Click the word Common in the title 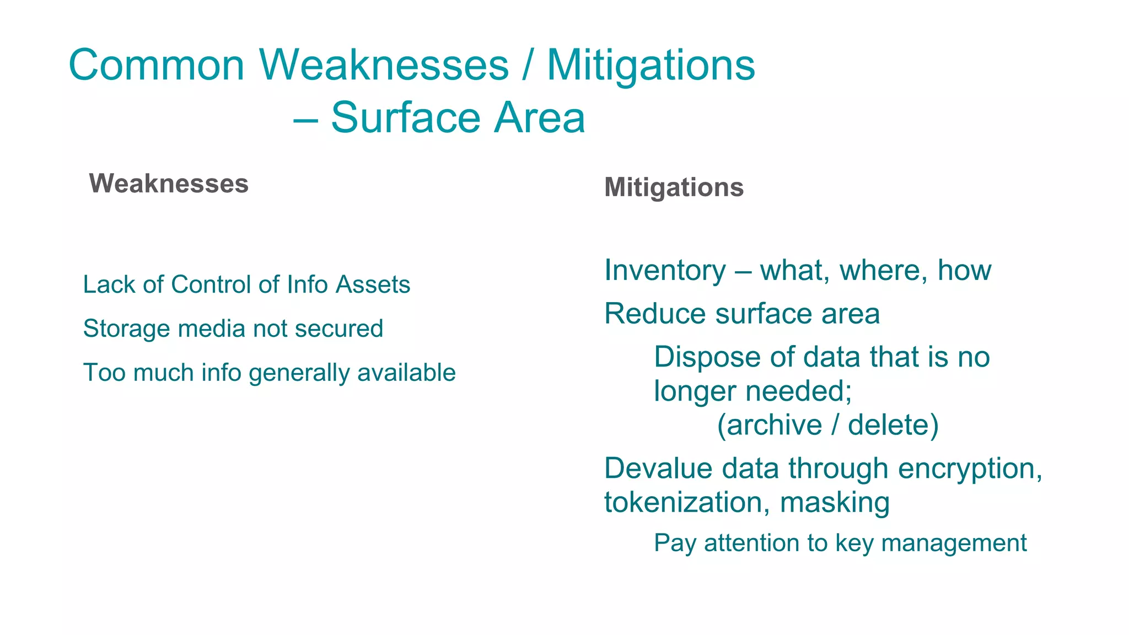tap(157, 65)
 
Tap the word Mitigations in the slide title tap(650, 65)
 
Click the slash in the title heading tap(528, 65)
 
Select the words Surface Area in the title tap(458, 118)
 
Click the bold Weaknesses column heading tap(169, 184)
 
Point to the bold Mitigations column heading tap(674, 187)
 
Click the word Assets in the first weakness tap(373, 285)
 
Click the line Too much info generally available tap(269, 373)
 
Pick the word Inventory tap(665, 271)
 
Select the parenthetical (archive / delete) tap(827, 425)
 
